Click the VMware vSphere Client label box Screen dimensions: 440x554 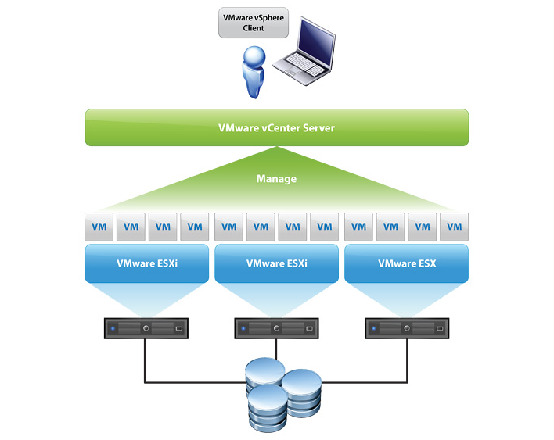tap(253, 23)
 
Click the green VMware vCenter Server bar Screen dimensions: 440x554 tap(276, 127)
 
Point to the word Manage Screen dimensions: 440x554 tap(276, 179)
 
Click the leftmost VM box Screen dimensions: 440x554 tap(99, 227)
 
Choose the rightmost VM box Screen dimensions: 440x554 tap(454, 227)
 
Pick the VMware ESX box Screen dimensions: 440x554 tap(406, 263)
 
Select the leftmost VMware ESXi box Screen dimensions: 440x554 tap(146, 263)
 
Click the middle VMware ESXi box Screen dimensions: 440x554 tap(276, 263)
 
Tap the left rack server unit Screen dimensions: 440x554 tap(146, 328)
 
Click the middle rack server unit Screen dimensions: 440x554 tap(275, 328)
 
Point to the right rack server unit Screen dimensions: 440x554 tap(406, 328)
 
